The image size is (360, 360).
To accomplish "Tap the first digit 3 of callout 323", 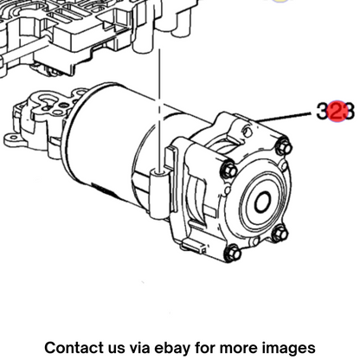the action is (x=323, y=111).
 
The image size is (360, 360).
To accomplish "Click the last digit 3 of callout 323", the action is (x=350, y=112).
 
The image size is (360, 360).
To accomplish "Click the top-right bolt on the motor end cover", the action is (x=283, y=147).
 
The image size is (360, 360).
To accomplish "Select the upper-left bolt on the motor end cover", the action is (x=228, y=170).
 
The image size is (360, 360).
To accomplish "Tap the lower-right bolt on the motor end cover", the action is (x=280, y=233).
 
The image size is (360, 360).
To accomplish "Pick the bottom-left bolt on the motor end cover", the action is (x=233, y=253).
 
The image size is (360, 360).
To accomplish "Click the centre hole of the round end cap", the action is (x=262, y=202).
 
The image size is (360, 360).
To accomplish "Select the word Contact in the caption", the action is (x=74, y=347).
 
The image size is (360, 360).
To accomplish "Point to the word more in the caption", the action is (x=237, y=348).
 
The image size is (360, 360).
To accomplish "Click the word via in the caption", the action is (x=140, y=347).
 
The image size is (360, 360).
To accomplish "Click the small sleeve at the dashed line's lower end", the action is (x=158, y=192).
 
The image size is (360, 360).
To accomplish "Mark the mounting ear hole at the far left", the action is (x=11, y=139).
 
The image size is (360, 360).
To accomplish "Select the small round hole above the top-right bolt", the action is (x=247, y=132).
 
